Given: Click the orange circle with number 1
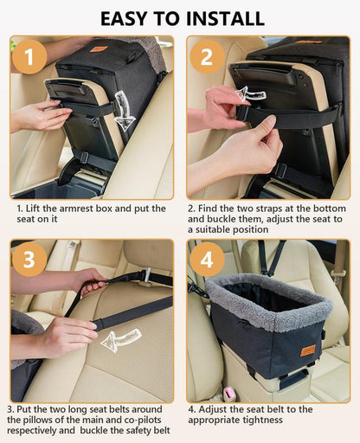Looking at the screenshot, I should (31, 58).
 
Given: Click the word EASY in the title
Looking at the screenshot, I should (129, 17).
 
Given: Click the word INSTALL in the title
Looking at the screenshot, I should (226, 17).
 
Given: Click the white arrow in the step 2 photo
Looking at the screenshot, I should (250, 93).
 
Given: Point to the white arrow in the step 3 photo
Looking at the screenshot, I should (119, 340).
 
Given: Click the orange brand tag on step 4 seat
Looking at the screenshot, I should (308, 350).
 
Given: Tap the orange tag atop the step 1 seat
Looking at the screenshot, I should (100, 48).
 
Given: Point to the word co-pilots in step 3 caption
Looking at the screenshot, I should (140, 419).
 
